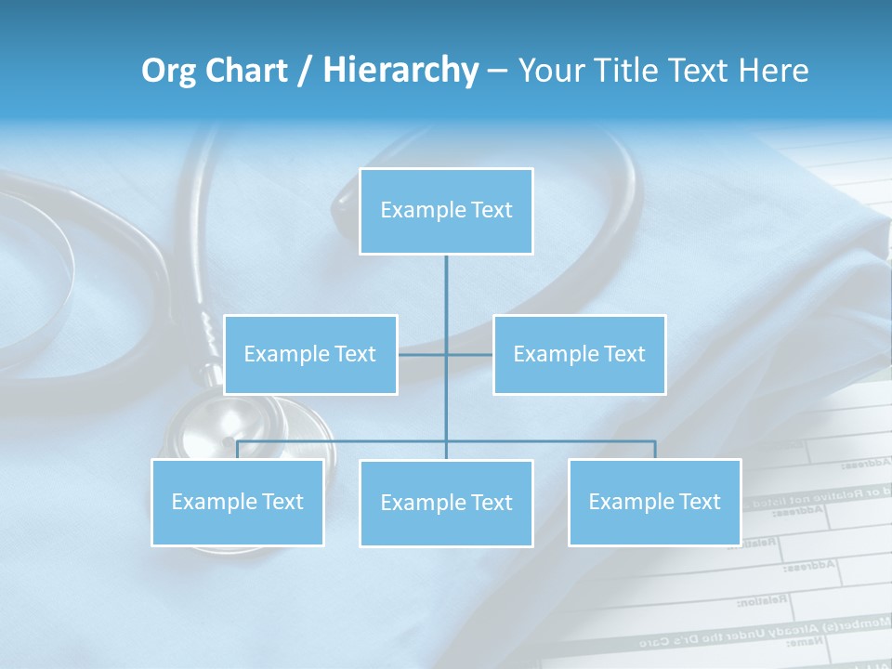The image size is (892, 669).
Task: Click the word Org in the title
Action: pos(168,71)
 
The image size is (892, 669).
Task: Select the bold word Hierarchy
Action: pos(400,71)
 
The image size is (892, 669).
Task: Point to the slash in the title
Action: pos(305,71)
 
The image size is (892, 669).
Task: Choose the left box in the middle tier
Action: pos(310,354)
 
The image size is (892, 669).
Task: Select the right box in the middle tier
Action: pos(580,354)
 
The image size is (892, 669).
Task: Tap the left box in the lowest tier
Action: pos(237,502)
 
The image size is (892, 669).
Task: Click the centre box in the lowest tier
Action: pos(446,503)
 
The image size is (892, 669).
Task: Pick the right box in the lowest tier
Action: pos(655,502)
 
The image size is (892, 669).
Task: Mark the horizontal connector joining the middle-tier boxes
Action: pos(446,354)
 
